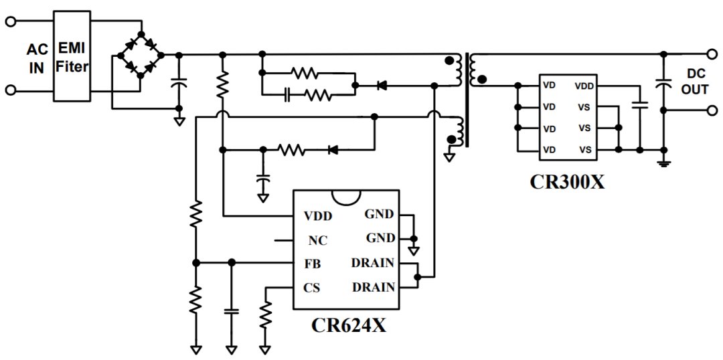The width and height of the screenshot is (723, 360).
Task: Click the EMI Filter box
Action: (72, 56)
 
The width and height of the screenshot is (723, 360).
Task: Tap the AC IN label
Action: (36, 58)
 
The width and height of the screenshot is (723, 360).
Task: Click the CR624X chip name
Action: (349, 325)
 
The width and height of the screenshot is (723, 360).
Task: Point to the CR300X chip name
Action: (567, 181)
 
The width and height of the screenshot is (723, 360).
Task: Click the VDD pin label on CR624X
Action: (318, 215)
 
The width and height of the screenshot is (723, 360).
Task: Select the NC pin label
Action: (318, 241)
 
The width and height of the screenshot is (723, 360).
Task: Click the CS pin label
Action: (312, 288)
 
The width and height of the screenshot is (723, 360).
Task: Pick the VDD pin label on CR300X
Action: (584, 86)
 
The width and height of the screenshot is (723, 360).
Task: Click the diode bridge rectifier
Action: (141, 55)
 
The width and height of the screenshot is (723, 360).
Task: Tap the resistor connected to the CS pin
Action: (265, 315)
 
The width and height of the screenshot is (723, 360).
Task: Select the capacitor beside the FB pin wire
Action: (232, 311)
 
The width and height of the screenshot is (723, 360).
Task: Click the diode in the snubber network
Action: (382, 85)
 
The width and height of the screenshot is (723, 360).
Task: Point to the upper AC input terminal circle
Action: (11, 21)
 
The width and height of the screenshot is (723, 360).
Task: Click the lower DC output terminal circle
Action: (712, 110)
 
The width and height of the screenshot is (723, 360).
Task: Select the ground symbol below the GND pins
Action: (414, 250)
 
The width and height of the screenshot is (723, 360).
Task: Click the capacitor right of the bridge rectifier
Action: (179, 83)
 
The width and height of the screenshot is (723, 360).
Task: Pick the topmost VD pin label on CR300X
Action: (549, 86)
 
